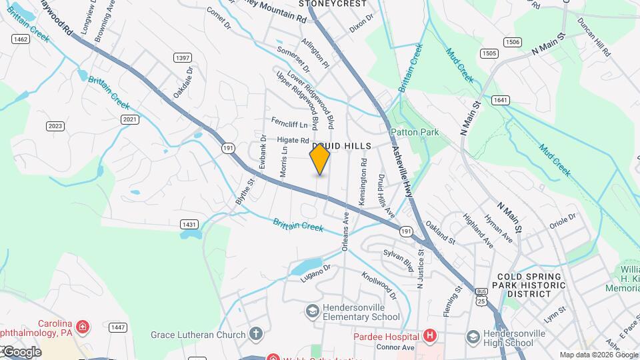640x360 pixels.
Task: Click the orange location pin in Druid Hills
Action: (320, 159)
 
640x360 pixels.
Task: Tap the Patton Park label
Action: (415, 132)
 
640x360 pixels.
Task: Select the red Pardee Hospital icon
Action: (430, 335)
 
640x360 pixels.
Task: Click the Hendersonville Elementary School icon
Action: (312, 311)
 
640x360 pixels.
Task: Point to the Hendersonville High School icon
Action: (473, 335)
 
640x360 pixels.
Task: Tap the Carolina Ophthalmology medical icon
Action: (82, 327)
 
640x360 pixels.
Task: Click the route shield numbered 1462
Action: (21, 39)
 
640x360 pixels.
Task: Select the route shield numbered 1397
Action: (183, 58)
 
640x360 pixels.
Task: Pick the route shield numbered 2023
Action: (55, 126)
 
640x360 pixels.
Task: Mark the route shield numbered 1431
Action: (190, 224)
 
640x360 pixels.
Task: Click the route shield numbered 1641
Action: (501, 100)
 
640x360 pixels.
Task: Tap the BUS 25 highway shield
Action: (481, 295)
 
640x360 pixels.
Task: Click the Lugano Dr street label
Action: (315, 273)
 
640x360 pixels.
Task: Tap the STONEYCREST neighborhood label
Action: (333, 4)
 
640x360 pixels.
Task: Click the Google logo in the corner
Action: (22, 352)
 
